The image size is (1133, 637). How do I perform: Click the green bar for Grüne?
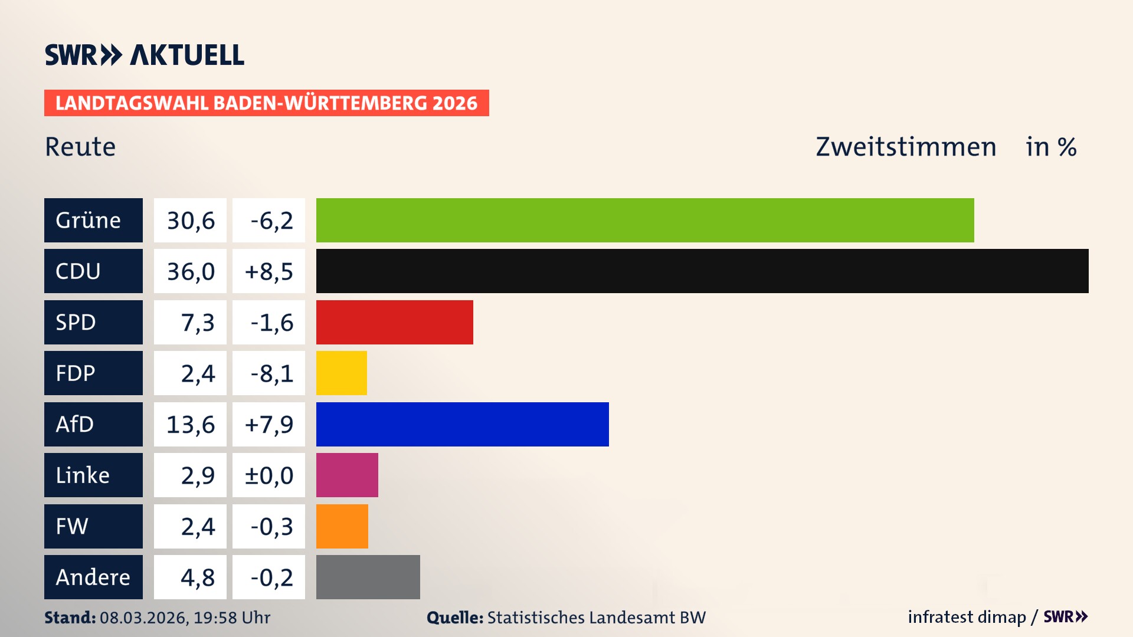pos(644,220)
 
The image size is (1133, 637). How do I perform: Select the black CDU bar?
pos(702,271)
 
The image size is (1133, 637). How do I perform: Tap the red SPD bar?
pos(394,322)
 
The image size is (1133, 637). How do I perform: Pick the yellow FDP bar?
pos(341,373)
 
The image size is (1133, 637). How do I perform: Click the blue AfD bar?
pos(462,424)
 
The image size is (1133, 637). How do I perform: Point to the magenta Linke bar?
pos(347,475)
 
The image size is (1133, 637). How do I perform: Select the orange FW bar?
pos(342,526)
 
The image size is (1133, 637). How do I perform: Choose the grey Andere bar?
pos(368,577)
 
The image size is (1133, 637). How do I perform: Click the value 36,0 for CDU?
pos(190,271)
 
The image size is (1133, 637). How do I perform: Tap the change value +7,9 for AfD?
pos(268,424)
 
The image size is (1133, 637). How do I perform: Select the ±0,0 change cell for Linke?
pos(268,475)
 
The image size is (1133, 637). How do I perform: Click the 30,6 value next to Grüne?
pos(190,221)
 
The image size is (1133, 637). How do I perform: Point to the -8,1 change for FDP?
pos(268,373)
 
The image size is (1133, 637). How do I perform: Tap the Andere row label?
pos(93,577)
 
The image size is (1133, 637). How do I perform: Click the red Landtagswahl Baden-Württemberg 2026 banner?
pos(266,103)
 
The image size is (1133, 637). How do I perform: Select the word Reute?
pos(80,147)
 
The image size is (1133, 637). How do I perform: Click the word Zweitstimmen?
pos(906,147)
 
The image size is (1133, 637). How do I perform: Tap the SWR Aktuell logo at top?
pos(145,55)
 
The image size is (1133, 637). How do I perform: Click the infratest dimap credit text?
pos(967,617)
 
